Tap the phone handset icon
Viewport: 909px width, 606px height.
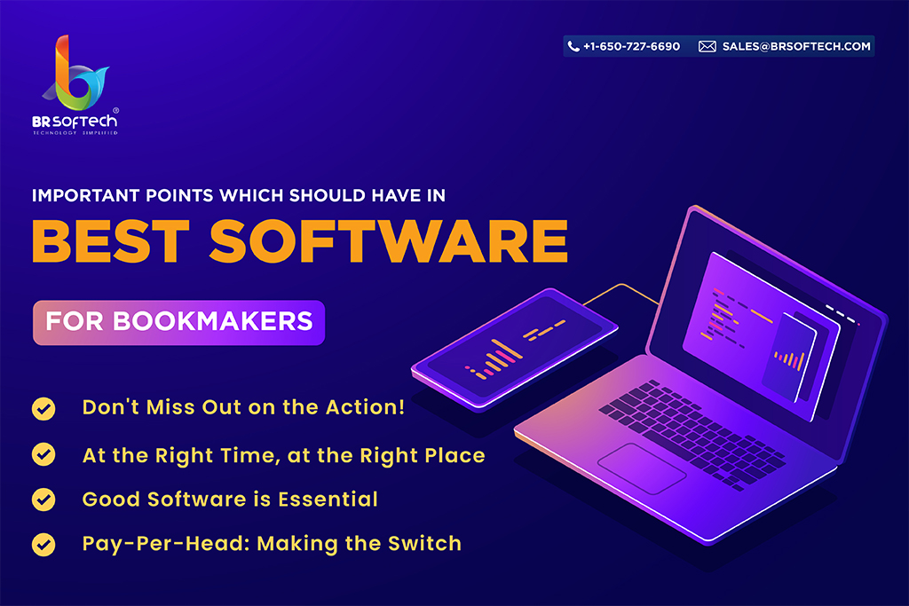573,46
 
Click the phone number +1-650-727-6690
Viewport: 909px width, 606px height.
631,46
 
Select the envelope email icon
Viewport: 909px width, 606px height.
707,46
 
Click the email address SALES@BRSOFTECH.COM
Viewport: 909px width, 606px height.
796,46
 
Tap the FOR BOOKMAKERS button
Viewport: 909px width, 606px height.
178,322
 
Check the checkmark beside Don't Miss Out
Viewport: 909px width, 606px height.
43,408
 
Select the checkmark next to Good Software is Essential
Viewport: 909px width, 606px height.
43,500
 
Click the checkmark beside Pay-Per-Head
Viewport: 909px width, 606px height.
43,545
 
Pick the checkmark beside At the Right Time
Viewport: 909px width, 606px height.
43,454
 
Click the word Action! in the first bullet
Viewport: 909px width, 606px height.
365,406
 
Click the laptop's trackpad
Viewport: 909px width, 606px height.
642,468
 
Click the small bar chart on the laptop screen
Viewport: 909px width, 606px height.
789,359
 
